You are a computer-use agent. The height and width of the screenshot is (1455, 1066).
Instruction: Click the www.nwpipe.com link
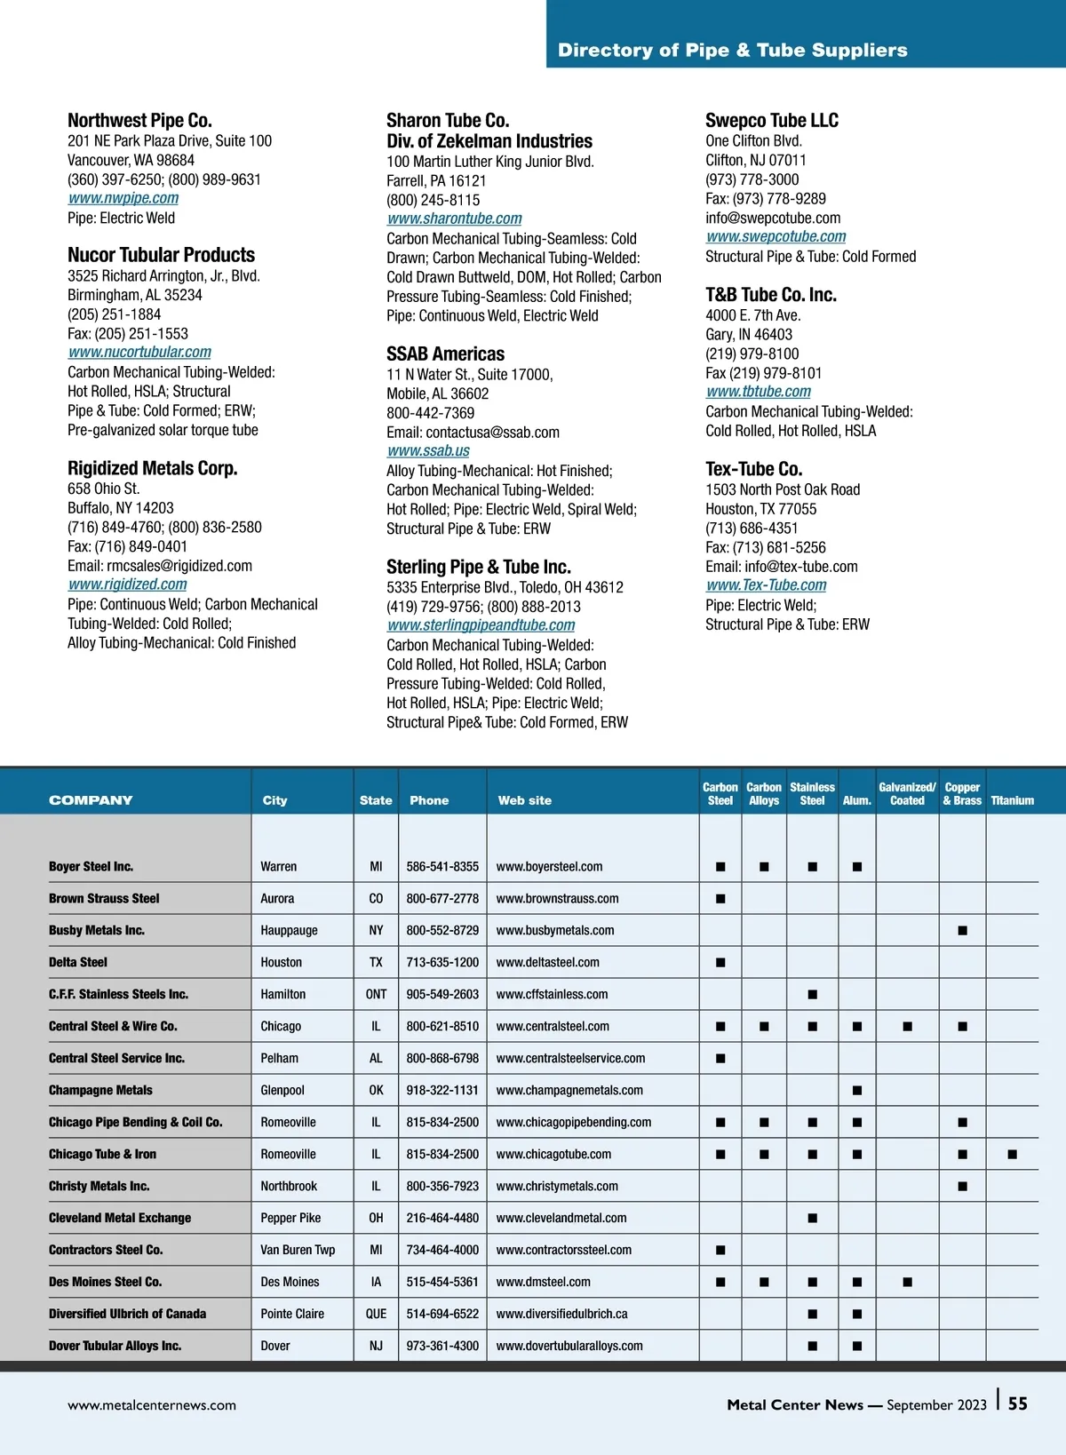123,198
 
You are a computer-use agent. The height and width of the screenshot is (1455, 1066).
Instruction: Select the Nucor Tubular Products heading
161,255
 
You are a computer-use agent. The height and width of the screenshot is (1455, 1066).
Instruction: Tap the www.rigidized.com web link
128,584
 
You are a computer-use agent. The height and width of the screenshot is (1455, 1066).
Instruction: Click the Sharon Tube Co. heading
448,121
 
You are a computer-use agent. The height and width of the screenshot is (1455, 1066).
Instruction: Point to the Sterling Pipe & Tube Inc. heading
479,567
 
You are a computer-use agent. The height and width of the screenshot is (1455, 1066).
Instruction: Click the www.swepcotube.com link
776,236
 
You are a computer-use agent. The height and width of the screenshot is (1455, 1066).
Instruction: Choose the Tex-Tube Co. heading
753,469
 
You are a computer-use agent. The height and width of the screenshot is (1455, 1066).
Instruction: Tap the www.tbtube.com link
759,392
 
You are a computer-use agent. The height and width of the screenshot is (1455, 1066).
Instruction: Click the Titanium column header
1012,800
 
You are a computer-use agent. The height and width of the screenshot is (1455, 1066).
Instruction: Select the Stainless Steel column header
812,793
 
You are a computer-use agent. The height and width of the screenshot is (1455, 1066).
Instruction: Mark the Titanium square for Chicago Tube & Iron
1012,1155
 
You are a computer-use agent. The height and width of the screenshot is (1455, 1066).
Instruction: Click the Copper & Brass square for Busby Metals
962,931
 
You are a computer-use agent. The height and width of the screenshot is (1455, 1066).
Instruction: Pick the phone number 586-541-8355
442,867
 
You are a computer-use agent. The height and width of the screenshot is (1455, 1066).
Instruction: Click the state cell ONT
376,995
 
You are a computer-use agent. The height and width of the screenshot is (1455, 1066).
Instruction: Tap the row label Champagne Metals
100,1091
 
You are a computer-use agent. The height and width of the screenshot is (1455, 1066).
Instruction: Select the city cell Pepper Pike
290,1219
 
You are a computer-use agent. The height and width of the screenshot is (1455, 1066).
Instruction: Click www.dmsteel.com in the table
543,1283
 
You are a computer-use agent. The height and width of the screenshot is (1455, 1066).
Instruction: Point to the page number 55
1018,1403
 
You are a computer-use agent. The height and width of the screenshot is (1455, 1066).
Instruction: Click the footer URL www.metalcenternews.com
152,1405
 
